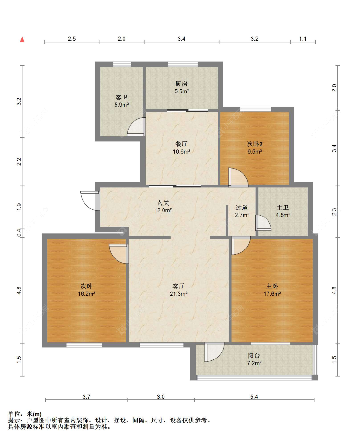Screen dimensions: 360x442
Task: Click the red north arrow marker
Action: pos(22,39)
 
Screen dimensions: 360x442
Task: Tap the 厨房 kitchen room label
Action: pos(181,83)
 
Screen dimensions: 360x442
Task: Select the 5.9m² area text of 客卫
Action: pos(122,105)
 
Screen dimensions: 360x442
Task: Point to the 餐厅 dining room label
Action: pos(181,144)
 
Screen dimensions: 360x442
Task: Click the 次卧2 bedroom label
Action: pos(254,144)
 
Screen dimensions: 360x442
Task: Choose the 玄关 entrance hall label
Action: pos(163,203)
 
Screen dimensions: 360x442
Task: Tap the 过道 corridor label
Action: pos(242,207)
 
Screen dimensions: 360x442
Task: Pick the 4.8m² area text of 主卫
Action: pos(283,215)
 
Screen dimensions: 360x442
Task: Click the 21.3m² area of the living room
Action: pos(179,294)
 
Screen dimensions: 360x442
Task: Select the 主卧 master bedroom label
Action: pos(272,286)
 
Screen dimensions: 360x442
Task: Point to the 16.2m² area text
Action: pos(86,294)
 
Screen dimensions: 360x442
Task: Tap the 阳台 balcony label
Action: pos(254,355)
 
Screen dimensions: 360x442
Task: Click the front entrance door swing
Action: pos(90,201)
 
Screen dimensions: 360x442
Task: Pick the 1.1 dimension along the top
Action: pos(303,39)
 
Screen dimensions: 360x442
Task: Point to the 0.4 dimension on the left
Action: pos(19,233)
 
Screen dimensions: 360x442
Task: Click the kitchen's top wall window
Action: pos(183,64)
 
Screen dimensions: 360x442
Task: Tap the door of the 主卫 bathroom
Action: pos(263,223)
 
